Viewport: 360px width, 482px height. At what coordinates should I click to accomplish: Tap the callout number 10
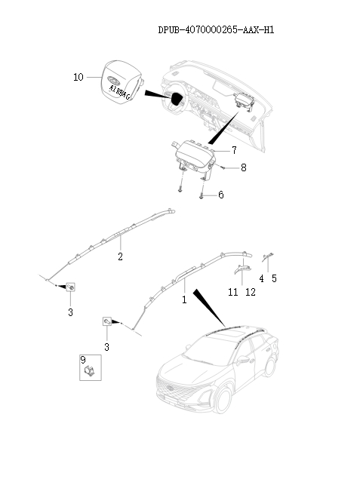(78, 78)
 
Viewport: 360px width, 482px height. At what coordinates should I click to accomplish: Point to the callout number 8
(243, 168)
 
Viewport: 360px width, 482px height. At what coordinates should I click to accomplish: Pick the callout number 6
(220, 195)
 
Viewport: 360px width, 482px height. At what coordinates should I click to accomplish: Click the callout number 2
(119, 256)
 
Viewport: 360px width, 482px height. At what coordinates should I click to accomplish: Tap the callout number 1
(183, 299)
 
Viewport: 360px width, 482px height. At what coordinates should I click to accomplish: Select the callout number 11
(233, 292)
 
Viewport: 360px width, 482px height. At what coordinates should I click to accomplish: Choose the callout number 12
(251, 292)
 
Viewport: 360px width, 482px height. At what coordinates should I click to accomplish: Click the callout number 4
(261, 278)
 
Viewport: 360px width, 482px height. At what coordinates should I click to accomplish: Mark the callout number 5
(274, 278)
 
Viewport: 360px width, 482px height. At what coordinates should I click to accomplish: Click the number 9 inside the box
(84, 360)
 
